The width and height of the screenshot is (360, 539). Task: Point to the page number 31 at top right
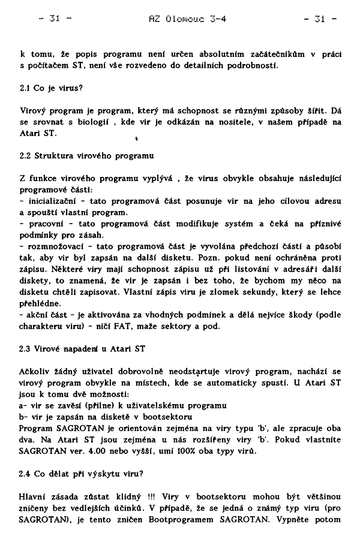tap(320, 19)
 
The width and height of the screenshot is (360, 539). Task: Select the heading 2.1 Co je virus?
tap(51, 87)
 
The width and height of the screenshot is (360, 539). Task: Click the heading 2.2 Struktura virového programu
tap(87, 156)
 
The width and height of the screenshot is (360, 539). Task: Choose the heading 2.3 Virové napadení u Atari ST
tap(82, 350)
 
